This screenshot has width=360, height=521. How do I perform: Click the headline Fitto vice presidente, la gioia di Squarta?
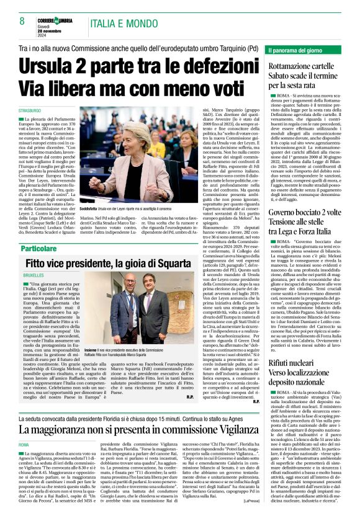(x=128, y=246)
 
